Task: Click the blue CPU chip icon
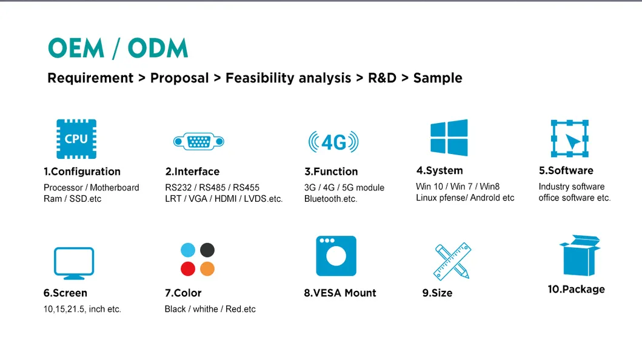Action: [x=76, y=139]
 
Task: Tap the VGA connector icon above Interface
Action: [x=198, y=142]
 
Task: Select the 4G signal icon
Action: [x=333, y=142]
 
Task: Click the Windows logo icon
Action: [x=449, y=138]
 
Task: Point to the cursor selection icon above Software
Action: [x=569, y=138]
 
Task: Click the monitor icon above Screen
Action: [x=74, y=263]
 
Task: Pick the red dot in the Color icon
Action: [x=188, y=268]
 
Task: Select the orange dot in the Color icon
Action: [x=207, y=268]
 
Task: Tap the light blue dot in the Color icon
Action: [x=188, y=250]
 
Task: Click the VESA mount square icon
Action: [x=336, y=256]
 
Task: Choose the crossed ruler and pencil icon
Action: [x=452, y=261]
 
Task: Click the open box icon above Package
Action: [x=578, y=255]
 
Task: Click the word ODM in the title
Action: [x=158, y=48]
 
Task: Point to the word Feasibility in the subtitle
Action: [x=259, y=78]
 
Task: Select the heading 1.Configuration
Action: [x=82, y=172]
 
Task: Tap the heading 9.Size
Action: [x=437, y=293]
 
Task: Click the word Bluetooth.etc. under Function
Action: [x=330, y=199]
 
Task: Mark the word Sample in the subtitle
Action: [x=438, y=78]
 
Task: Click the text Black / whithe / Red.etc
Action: [x=210, y=309]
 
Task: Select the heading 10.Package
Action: [x=576, y=289]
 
